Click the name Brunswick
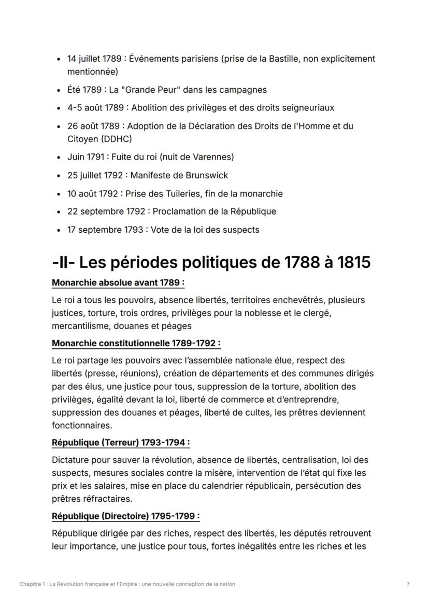coord(206,175)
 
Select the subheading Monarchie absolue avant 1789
coord(118,283)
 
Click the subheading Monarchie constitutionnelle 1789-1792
coord(136,343)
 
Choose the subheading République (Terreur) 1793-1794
coord(121,443)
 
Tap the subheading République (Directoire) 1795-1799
coord(125,516)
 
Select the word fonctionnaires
coord(81,426)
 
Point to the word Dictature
coord(70,460)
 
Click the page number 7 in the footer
coord(408,584)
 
